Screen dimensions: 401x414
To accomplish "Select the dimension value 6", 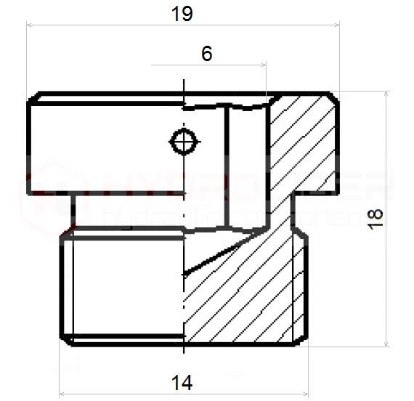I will [x=207, y=54].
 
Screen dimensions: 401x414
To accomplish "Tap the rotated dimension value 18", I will [x=376, y=217].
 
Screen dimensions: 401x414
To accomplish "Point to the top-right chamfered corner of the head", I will [x=334, y=97].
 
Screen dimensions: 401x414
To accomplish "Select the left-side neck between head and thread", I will [x=73, y=210].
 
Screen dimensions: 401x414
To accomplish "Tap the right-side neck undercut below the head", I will [x=293, y=210].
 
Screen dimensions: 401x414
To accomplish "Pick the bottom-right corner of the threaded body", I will [x=305, y=341].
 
